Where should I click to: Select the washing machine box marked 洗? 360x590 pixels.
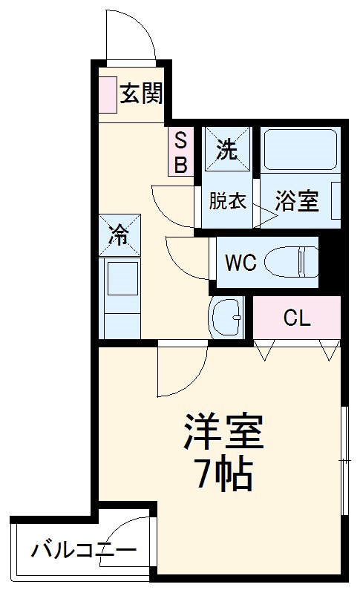(x=227, y=150)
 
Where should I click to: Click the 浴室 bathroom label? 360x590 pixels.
(x=297, y=201)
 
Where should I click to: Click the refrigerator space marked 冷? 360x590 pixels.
(x=120, y=235)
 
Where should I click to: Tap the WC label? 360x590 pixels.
(x=241, y=262)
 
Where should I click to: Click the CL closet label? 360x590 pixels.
(x=297, y=318)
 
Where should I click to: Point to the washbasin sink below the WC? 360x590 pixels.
(x=226, y=318)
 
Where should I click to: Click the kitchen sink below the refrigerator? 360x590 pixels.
(x=121, y=279)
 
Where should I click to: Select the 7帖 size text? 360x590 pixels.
(x=223, y=475)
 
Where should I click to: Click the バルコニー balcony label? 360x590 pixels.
(x=83, y=551)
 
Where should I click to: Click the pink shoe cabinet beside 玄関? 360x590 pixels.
(x=107, y=93)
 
